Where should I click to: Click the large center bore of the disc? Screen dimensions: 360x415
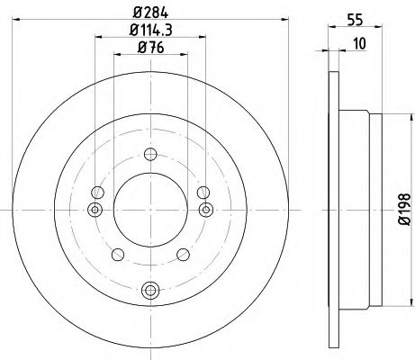[x=149, y=209]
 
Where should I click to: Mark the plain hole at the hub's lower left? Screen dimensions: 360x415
[x=117, y=254]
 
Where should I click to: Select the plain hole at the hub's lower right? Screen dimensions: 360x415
[x=183, y=254]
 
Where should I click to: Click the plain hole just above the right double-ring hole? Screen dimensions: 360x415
[x=203, y=191]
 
